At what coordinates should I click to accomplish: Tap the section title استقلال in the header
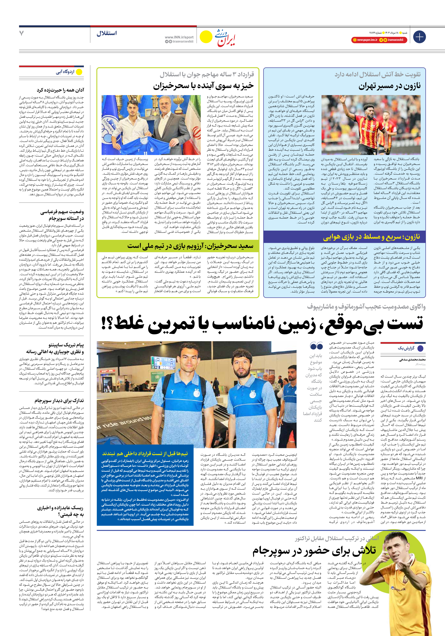coord(107,33)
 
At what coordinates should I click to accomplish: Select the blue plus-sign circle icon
coord(419,37)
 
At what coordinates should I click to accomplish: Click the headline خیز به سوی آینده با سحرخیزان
coord(203,86)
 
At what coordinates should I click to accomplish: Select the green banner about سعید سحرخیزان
coord(190,246)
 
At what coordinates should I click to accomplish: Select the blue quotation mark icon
coord(316,346)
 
